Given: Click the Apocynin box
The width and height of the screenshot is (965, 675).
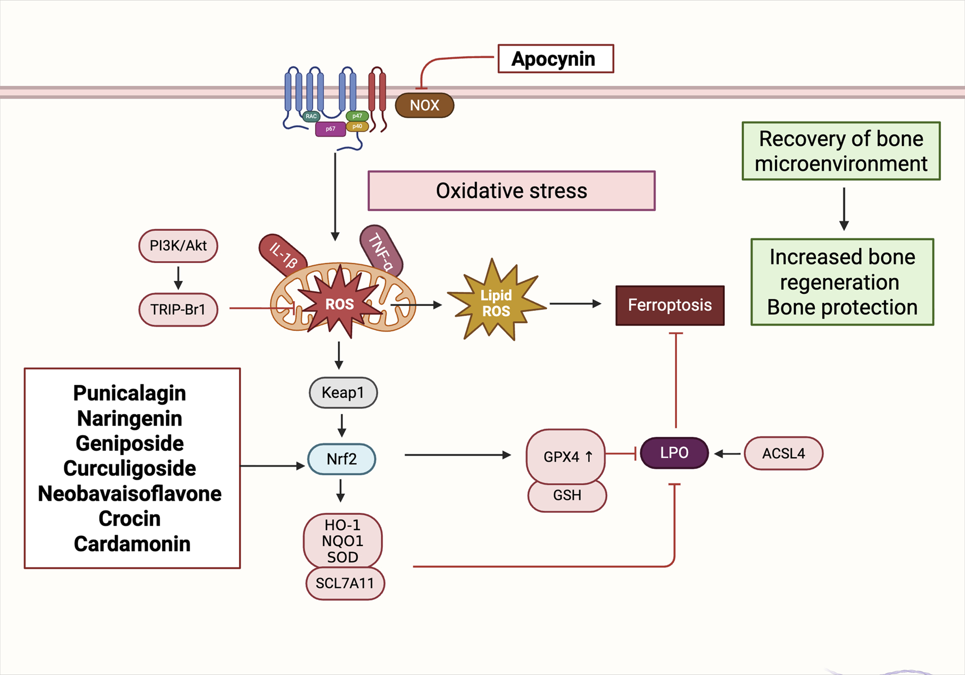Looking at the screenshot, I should point(555,59).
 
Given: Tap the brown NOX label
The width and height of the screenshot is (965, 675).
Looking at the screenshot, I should point(424,105).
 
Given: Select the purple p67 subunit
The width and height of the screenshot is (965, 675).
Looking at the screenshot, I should point(330,129).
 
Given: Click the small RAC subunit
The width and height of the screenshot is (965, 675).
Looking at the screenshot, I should point(311,116).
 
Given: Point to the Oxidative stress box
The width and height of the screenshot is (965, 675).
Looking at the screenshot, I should point(511,191).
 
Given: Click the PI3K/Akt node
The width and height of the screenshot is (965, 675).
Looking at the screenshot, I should point(178,246).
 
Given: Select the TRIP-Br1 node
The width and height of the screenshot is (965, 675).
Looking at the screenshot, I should point(178,309).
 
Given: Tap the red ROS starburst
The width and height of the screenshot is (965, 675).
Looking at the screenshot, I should point(340,304).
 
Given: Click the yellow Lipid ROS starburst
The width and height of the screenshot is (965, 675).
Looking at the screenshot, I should point(496,303).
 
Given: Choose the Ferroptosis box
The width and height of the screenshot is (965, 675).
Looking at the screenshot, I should point(669,305).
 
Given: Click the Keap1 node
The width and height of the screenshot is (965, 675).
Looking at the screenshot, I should point(343,392).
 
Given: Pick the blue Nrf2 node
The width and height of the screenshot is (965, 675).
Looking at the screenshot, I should point(341,459).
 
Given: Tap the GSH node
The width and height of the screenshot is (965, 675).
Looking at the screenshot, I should point(567,495).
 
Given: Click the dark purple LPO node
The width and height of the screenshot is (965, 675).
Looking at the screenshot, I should point(674,452).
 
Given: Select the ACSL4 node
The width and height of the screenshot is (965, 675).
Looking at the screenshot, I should point(783,453).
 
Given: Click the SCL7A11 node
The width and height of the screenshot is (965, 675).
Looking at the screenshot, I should point(345,583).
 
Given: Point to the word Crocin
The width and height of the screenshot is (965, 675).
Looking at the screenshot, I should point(130,518).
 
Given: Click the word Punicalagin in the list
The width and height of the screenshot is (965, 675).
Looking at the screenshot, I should point(130,393).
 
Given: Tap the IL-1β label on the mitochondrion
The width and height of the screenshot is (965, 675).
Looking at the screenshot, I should point(283,254).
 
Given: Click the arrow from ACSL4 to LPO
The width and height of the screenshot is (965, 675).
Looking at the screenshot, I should point(727,453).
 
